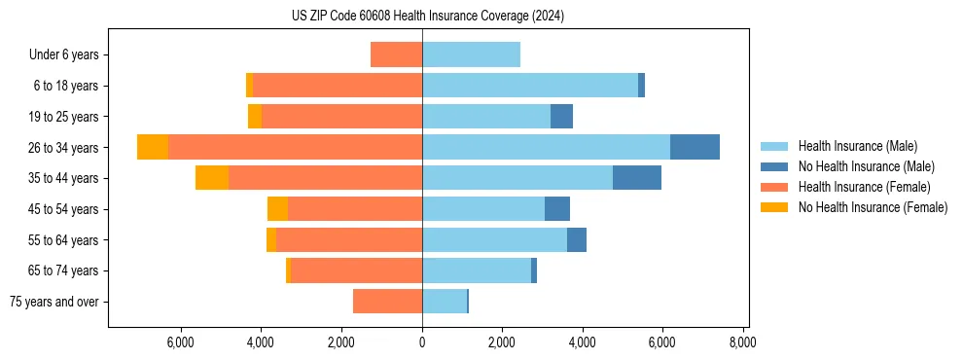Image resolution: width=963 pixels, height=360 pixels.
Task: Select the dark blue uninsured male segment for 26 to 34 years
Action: pos(695,147)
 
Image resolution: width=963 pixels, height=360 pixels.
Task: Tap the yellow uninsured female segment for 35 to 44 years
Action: pos(212,178)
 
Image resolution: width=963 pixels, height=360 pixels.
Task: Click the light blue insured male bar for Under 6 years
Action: pos(471,54)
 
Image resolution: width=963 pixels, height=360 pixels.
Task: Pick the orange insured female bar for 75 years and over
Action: pos(387,302)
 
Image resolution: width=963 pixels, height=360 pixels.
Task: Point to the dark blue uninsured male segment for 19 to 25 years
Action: pos(561,117)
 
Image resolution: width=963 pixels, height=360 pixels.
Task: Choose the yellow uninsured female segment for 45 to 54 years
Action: pos(277,209)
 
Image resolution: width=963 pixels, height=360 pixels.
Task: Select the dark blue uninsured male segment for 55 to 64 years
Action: pos(577,240)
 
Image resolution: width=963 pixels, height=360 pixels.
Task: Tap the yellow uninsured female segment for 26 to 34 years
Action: pos(153,147)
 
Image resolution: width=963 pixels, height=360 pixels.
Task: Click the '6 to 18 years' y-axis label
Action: pos(65,86)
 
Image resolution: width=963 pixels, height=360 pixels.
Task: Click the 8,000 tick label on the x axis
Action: pos(742,343)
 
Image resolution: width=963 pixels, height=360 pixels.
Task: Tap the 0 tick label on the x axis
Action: pos(422,343)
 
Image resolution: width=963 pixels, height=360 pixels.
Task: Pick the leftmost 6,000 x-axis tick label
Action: pos(182,343)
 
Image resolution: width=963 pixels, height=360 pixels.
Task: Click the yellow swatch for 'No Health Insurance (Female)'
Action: pos(774,207)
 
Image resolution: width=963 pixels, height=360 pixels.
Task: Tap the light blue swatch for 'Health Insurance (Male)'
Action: pos(774,146)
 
